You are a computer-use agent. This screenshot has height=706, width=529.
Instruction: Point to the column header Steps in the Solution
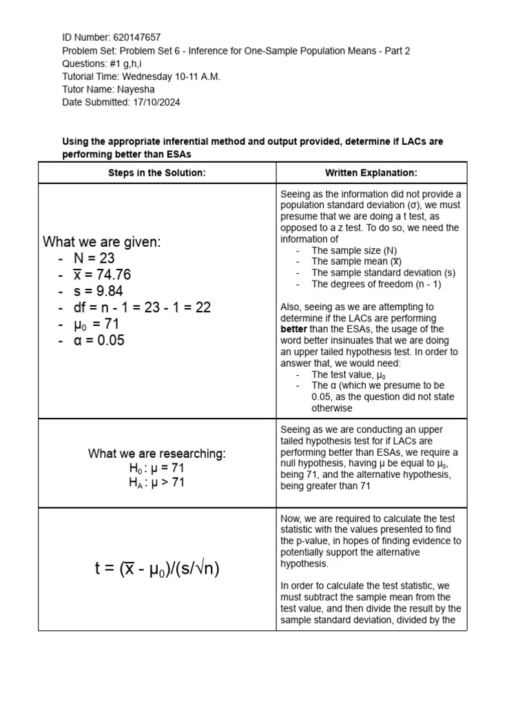(157, 173)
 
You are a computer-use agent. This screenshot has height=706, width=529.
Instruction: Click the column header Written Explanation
(371, 173)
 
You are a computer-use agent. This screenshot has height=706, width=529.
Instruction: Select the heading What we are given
(101, 242)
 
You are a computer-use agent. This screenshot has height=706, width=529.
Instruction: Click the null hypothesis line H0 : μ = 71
(157, 469)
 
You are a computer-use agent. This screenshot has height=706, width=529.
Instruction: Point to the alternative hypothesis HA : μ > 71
(157, 483)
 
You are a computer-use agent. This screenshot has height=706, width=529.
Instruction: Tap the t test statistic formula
(157, 569)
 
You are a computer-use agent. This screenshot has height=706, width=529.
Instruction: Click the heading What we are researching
(157, 454)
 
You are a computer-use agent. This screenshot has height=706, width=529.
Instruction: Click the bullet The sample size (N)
(354, 250)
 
